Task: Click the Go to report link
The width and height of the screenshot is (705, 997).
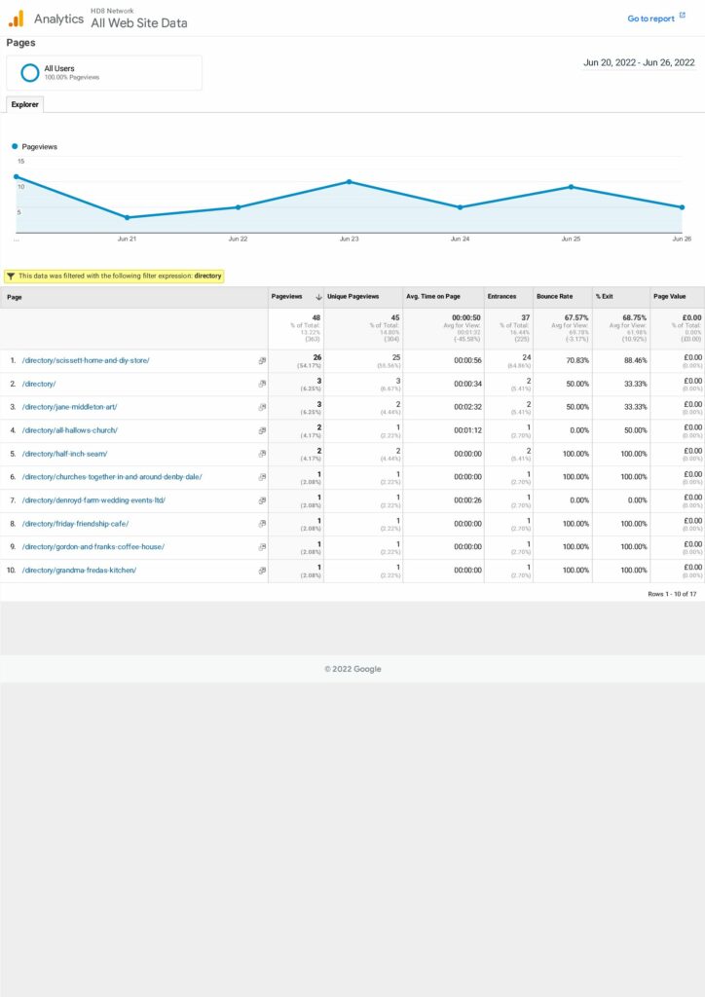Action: (650, 18)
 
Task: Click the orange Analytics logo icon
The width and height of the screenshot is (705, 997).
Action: (17, 18)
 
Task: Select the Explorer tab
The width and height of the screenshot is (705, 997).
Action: (24, 104)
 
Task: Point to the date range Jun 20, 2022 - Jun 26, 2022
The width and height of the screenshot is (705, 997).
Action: (639, 62)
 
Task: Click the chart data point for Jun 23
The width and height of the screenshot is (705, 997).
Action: (349, 182)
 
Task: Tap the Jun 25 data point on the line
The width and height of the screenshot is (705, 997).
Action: (571, 187)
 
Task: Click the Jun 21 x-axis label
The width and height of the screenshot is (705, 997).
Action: (127, 239)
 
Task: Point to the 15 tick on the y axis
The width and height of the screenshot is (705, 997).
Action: (19, 162)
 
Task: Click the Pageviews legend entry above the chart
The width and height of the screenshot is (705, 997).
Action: (39, 146)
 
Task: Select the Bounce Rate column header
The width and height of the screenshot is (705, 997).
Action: (555, 297)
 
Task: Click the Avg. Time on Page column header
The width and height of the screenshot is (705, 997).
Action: (432, 297)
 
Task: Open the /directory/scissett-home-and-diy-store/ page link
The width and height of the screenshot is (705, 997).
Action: (86, 360)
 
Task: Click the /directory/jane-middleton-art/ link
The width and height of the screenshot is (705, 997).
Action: (69, 407)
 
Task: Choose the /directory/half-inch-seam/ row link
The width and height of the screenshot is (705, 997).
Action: (64, 454)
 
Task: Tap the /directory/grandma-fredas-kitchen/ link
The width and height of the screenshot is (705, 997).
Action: (79, 571)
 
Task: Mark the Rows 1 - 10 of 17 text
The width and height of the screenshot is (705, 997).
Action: (672, 594)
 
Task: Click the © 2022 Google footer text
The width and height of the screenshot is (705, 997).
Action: (352, 669)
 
